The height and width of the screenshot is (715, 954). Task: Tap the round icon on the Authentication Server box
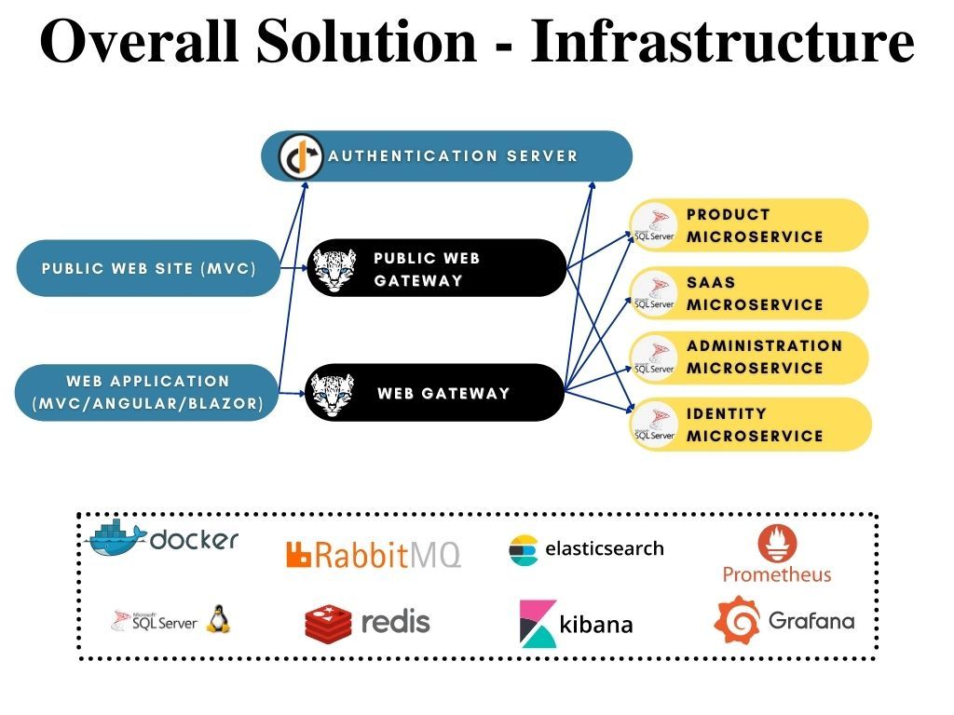point(301,156)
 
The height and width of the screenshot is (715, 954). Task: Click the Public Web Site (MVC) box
point(149,268)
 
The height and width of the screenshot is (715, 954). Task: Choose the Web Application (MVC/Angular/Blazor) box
point(147,392)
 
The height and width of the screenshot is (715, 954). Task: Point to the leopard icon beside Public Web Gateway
point(334,268)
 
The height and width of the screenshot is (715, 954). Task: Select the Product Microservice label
point(755,225)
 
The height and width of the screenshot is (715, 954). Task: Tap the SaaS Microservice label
point(755,293)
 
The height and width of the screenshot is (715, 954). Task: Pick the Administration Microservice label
point(764,357)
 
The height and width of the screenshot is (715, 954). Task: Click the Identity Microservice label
point(755,425)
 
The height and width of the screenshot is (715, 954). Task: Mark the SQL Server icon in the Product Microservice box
point(654,226)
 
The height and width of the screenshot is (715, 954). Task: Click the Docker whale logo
point(116,538)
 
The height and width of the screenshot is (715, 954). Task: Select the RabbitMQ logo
point(374,555)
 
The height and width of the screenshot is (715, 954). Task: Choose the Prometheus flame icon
point(777,542)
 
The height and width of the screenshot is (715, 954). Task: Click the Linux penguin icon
point(218,618)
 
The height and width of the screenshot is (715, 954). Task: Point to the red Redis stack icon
point(328,622)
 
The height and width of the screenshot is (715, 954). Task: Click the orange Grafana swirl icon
point(736,620)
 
